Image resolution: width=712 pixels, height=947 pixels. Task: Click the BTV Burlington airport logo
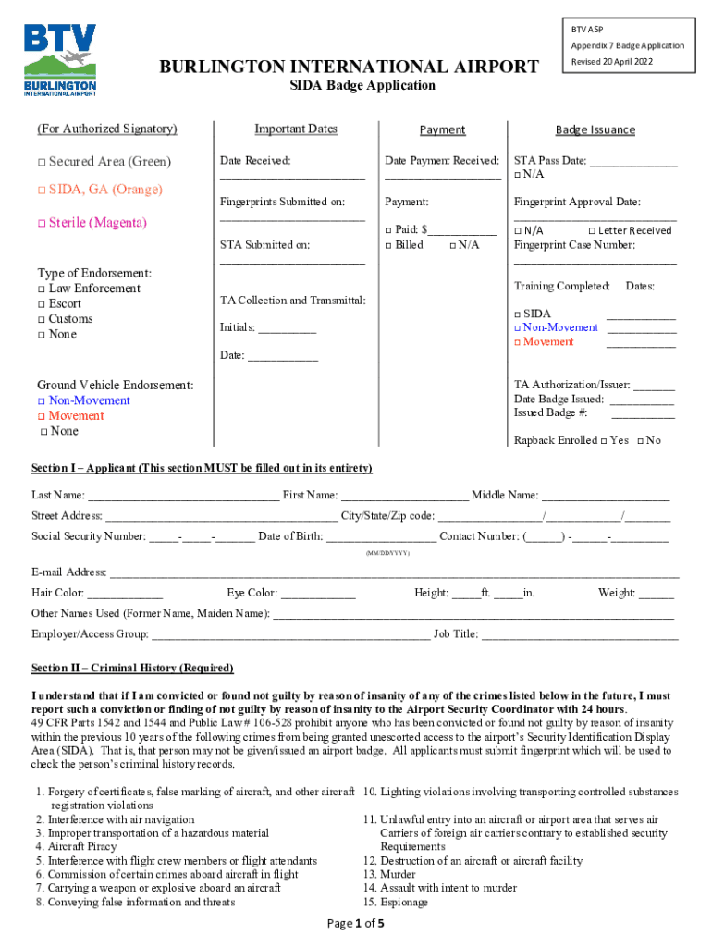coord(60,59)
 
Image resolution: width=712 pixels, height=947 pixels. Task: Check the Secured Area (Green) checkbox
coord(42,163)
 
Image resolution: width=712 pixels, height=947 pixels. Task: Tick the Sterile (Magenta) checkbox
coord(42,224)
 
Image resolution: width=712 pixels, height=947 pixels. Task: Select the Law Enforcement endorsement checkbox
coord(42,289)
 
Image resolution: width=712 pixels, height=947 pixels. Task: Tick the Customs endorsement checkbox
coord(42,320)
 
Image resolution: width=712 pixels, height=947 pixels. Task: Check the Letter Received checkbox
coord(593,230)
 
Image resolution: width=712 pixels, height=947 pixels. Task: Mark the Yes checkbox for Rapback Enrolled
coord(603,441)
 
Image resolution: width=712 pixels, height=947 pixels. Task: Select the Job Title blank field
coord(579,635)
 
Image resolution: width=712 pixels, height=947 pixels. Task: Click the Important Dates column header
coord(296,129)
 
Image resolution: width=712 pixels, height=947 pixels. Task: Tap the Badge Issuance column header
coord(595,130)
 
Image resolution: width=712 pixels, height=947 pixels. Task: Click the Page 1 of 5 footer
coord(356,924)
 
